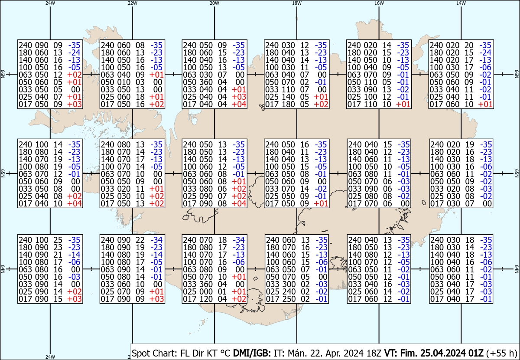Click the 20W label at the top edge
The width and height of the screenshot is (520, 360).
[x=214, y=3]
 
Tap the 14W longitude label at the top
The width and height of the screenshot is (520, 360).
[x=461, y=3]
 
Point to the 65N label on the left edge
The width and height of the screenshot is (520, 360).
[x=3, y=173]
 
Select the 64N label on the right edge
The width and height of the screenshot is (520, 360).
[x=517, y=269]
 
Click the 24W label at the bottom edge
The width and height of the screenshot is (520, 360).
[x=50, y=357]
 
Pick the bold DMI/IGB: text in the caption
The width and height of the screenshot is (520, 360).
[x=252, y=353]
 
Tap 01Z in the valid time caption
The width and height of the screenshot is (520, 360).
[x=476, y=353]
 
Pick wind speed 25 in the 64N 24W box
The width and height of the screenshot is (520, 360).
[x=58, y=240]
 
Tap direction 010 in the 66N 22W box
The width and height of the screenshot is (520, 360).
[x=123, y=82]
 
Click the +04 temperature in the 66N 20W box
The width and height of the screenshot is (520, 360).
[x=239, y=104]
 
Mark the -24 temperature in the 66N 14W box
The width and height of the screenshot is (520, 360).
[x=485, y=52]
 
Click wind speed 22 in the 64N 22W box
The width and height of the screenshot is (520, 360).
[x=140, y=240]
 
